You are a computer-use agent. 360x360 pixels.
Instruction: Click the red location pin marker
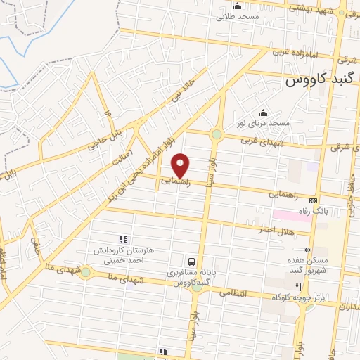click(x=181, y=166)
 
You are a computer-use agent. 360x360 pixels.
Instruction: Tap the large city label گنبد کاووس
click(x=321, y=81)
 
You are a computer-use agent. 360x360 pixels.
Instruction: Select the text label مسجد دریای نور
click(x=263, y=124)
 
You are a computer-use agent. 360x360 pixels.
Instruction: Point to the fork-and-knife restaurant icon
click(x=298, y=287)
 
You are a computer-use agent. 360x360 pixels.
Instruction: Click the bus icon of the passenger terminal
click(x=191, y=260)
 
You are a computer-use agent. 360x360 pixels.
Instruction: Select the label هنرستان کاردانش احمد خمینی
click(x=122, y=255)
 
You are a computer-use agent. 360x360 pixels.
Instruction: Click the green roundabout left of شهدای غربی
click(x=217, y=134)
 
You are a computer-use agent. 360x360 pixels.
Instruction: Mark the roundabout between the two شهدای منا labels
click(x=85, y=271)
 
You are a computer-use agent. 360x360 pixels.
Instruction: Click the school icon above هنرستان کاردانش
click(x=122, y=239)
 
